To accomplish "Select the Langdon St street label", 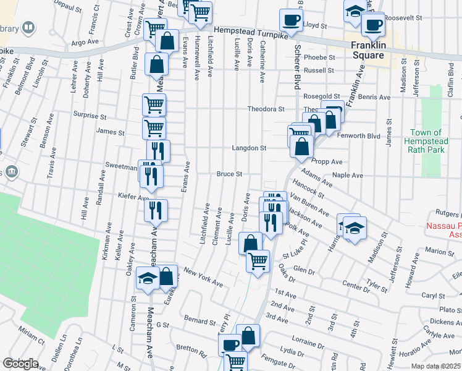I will click(x=249, y=148).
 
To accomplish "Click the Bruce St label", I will click(x=229, y=174).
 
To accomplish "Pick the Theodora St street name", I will click(x=266, y=109).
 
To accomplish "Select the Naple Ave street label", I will click(x=348, y=175).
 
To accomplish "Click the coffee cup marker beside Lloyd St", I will click(x=290, y=20).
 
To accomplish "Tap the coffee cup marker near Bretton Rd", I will click(x=230, y=344).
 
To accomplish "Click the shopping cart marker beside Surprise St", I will click(x=154, y=104).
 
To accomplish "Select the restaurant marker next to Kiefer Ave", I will click(x=156, y=210).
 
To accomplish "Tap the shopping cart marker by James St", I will click(x=154, y=128).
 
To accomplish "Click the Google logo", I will click(x=20, y=364).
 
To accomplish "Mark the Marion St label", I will click(x=439, y=252).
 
